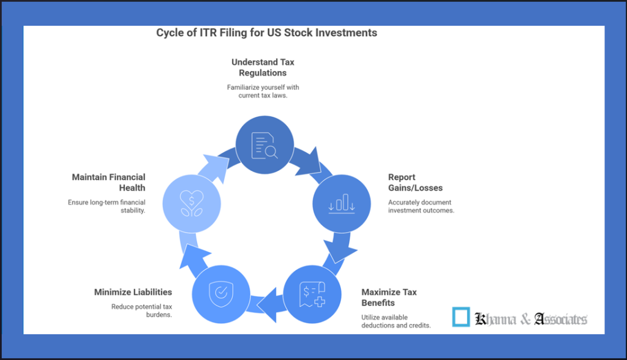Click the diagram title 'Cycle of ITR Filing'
[266, 32]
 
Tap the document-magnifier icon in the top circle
[265, 146]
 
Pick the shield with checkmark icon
[221, 293]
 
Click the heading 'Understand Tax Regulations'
[263, 67]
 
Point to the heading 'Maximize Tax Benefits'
[389, 297]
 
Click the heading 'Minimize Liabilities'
[133, 292]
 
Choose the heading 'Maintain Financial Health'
[108, 182]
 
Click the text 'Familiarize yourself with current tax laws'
[263, 92]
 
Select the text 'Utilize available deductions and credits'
[396, 321]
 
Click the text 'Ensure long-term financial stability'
[107, 206]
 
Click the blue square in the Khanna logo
[461, 317]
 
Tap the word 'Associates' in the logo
[560, 318]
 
